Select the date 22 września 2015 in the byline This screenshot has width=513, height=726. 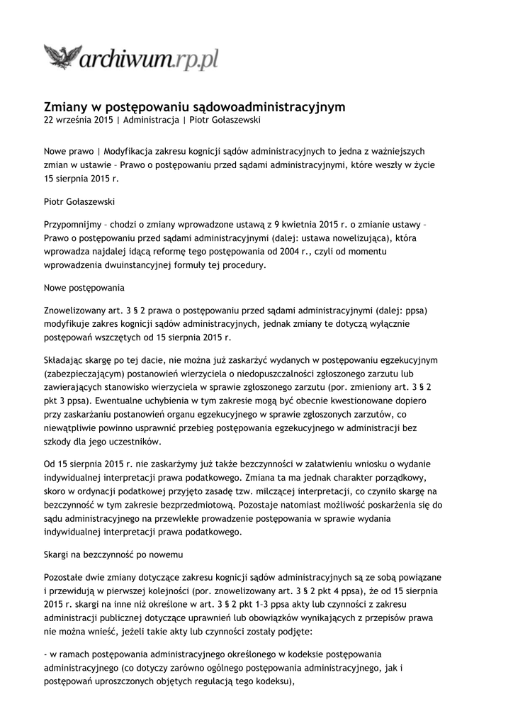pos(78,121)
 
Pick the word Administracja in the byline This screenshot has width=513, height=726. pos(152,121)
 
